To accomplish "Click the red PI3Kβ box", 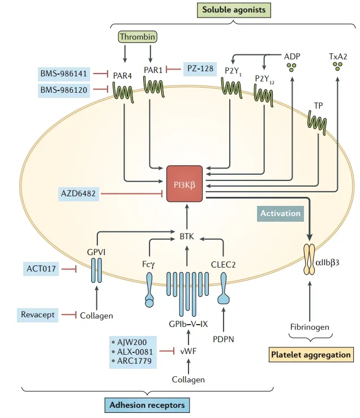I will click(187, 184).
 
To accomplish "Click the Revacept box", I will click(38, 314).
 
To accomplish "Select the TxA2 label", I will click(338, 57).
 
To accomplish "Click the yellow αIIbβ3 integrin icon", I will click(310, 260).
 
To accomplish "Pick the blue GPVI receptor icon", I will click(96, 270).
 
